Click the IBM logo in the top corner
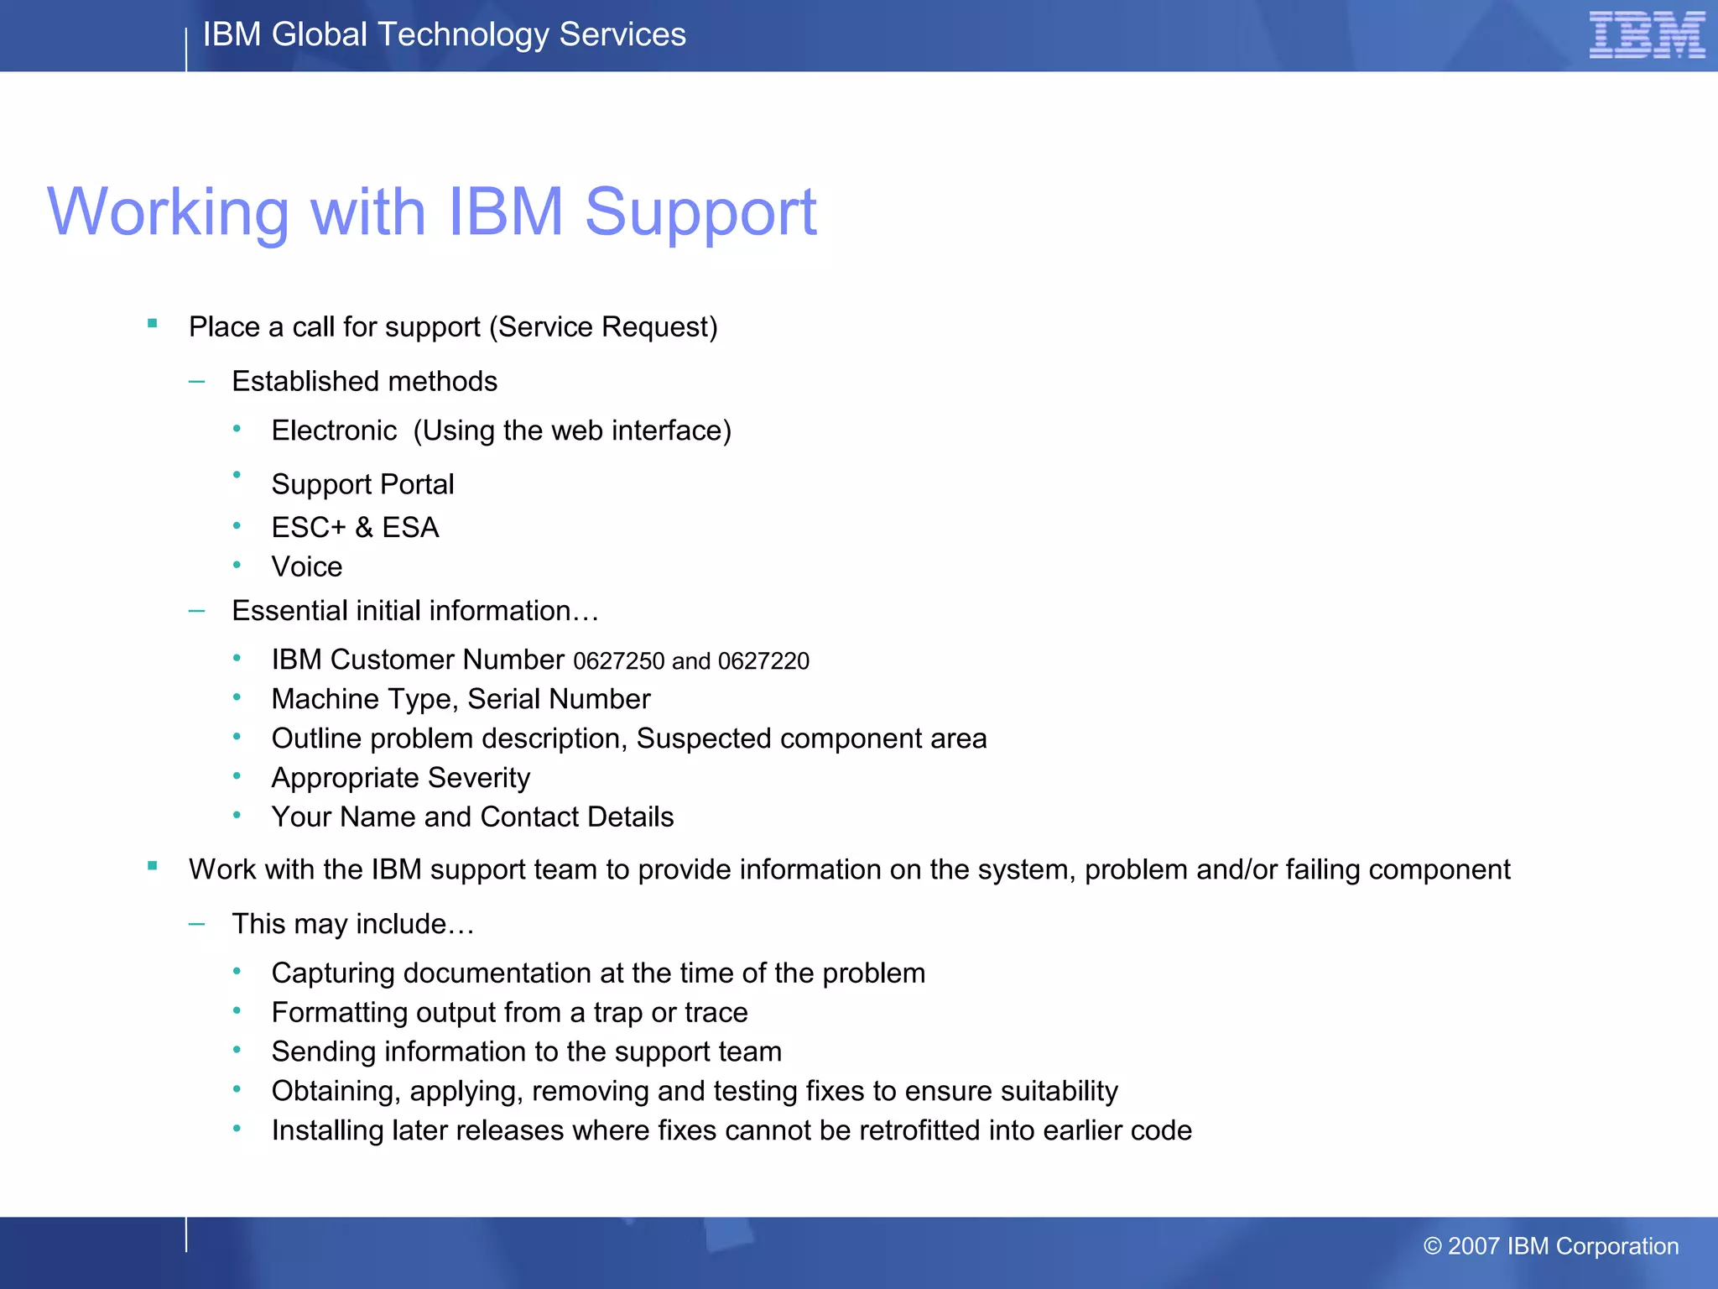1647,35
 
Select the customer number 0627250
618,661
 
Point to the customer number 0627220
763,661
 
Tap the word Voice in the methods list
307,567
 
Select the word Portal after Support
417,484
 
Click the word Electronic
334,431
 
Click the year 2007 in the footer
1473,1246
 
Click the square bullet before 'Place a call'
153,323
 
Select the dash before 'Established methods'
197,382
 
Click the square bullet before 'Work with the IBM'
153,866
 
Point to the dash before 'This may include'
197,925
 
